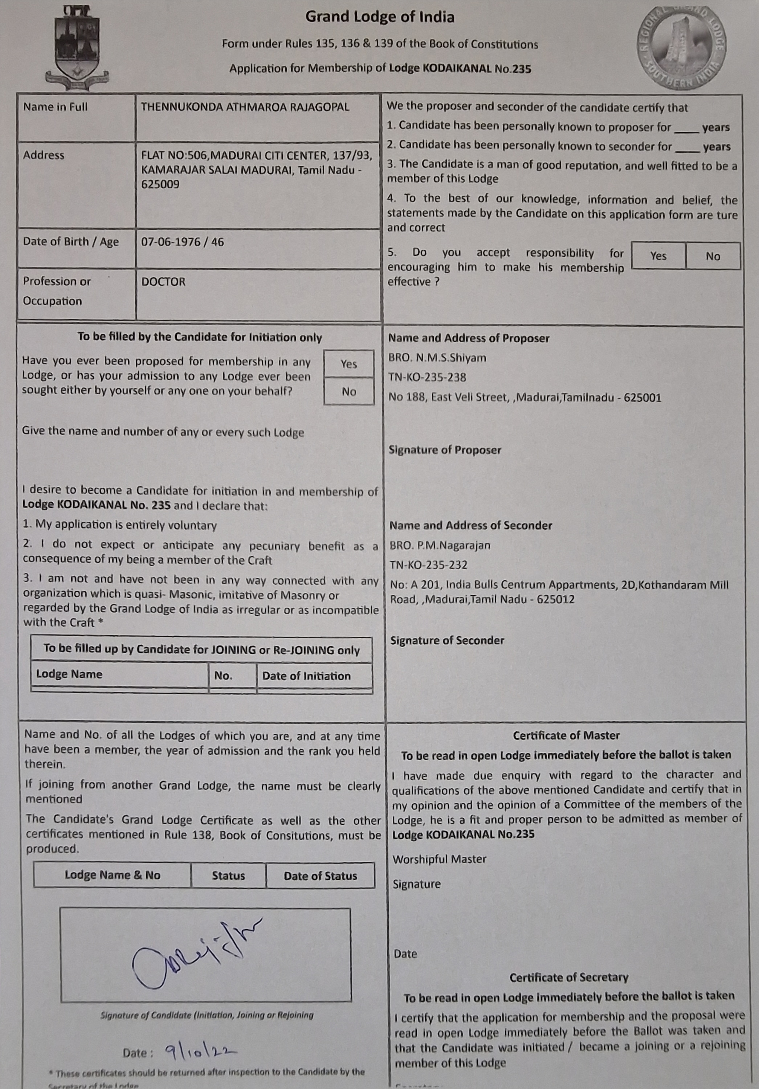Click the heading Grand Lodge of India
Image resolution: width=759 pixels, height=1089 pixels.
click(x=380, y=17)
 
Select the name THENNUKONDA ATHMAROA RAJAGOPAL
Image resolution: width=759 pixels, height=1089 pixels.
click(x=245, y=107)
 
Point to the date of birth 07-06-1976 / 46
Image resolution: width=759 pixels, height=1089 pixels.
click(x=182, y=242)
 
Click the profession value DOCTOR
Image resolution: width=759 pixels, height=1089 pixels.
click(x=163, y=282)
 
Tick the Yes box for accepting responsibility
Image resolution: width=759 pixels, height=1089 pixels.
click(x=658, y=256)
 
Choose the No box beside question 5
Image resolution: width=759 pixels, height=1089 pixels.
click(x=713, y=256)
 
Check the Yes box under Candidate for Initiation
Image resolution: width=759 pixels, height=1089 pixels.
click(x=349, y=364)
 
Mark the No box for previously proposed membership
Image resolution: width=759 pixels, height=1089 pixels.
click(x=349, y=391)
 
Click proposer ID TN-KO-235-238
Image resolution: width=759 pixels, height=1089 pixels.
click(x=427, y=378)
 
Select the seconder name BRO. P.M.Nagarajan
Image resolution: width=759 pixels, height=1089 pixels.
click(x=440, y=546)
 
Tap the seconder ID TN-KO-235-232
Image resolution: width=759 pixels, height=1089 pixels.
click(x=428, y=565)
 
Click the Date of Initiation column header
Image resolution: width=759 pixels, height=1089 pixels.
click(x=306, y=676)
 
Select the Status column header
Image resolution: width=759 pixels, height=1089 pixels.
click(x=228, y=876)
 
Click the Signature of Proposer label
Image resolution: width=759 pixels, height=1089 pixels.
click(x=445, y=450)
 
